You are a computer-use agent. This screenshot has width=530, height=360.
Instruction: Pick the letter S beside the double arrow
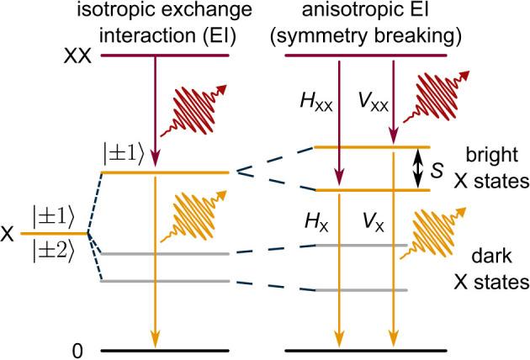click(436, 169)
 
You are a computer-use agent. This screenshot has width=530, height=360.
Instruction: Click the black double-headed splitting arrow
click(415, 169)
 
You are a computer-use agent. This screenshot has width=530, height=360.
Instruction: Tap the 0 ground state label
click(78, 348)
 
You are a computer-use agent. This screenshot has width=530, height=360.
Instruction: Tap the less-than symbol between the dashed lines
click(243, 172)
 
